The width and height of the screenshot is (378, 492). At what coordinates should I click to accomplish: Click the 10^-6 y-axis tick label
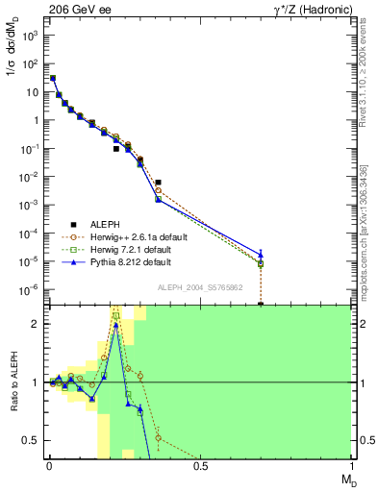point(31,289)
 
